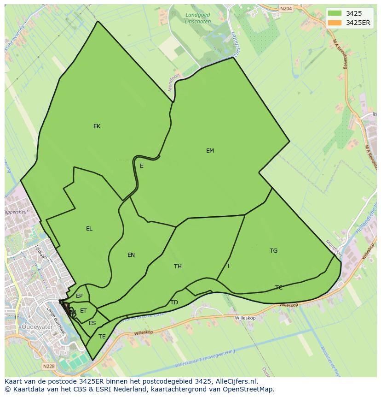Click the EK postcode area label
tap(97, 126)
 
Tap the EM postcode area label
tap(210, 151)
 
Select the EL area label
tap(89, 229)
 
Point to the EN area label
tap(131, 255)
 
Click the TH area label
tap(178, 267)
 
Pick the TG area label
tap(273, 251)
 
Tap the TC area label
tap(279, 288)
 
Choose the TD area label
tap(174, 302)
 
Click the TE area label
tap(102, 337)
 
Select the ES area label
tap(92, 323)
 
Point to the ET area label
tap(83, 311)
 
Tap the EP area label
tap(79, 296)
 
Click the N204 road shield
tap(286, 8)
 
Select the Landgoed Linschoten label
tap(197, 18)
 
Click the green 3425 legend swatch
tap(335, 13)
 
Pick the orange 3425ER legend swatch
tap(335, 23)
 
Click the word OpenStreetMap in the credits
tap(250, 389)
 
